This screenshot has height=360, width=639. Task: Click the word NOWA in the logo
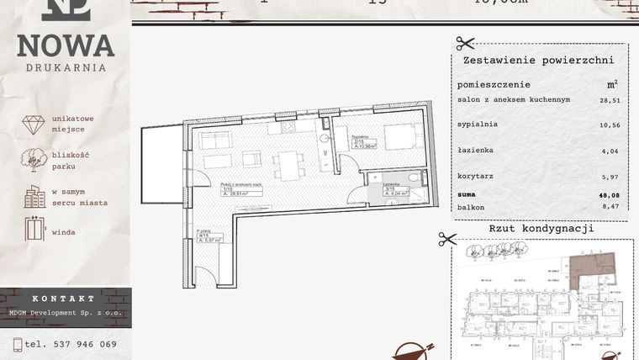tap(66, 45)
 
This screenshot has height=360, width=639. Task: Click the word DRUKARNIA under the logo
tap(66, 67)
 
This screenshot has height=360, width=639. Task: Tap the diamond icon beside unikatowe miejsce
tap(34, 124)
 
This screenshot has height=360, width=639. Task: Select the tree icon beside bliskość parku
tap(34, 160)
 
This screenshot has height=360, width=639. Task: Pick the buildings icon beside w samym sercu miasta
tap(34, 197)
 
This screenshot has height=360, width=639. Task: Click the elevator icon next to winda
tap(34, 230)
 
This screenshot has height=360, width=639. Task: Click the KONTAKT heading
tap(64, 299)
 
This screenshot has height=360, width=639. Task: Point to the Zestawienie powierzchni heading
tap(538, 61)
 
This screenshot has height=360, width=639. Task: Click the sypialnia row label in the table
tap(478, 124)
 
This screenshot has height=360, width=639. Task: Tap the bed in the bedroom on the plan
tap(403, 136)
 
